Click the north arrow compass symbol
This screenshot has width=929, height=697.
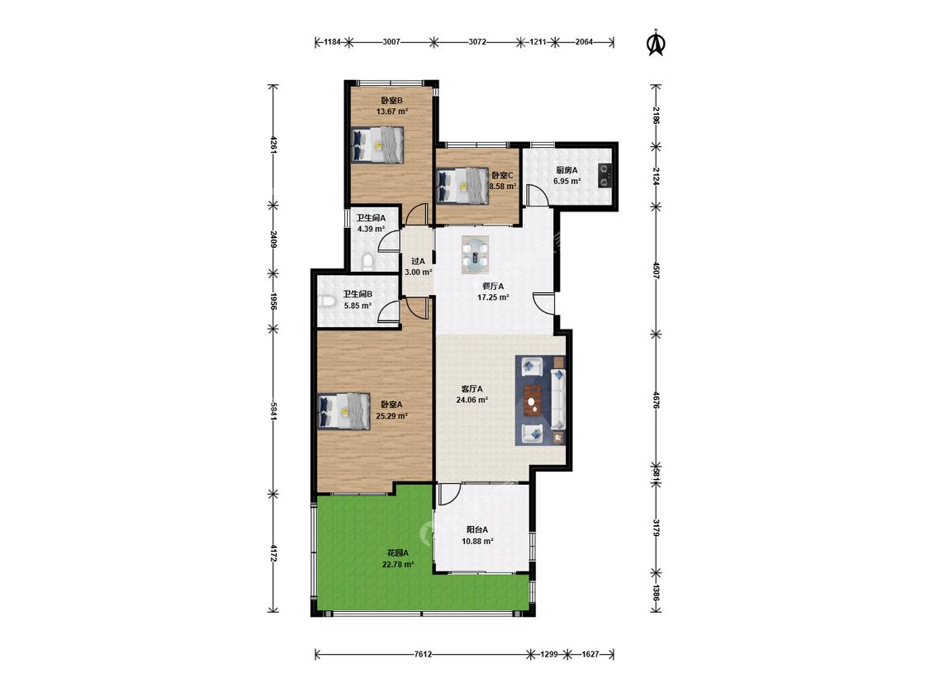click(656, 42)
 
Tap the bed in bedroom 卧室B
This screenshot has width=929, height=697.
click(377, 144)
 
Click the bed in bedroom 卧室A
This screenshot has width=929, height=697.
click(344, 410)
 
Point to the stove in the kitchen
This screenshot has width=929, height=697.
click(604, 175)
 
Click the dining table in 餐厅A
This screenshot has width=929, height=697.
click(476, 254)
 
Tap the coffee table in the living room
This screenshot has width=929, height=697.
click(533, 400)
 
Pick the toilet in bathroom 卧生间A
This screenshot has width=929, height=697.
click(367, 261)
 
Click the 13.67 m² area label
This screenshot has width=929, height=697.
click(391, 111)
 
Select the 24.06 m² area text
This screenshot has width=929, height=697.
click(472, 400)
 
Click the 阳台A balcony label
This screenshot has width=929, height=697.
click(477, 530)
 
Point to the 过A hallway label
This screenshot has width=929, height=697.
click(419, 261)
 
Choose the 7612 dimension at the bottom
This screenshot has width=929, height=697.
click(423, 654)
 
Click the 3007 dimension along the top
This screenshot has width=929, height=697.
click(391, 42)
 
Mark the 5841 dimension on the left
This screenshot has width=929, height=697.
click(273, 411)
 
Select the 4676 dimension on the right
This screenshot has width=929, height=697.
click(656, 400)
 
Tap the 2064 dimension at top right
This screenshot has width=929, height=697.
click(584, 42)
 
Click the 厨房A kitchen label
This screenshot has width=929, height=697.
click(567, 170)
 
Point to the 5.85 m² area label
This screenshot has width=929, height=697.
click(358, 306)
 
